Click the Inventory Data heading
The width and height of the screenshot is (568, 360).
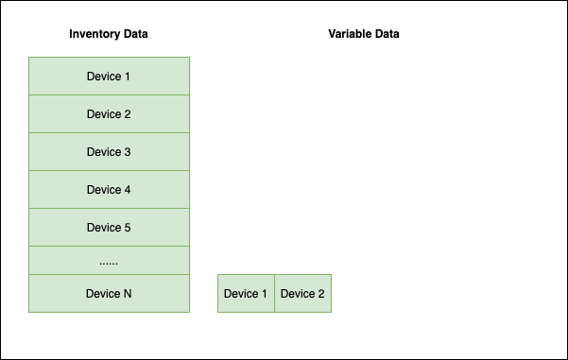pyautogui.click(x=109, y=34)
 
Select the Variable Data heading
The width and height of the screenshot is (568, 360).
pyautogui.click(x=364, y=34)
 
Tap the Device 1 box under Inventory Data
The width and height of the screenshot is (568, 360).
pyautogui.click(x=109, y=77)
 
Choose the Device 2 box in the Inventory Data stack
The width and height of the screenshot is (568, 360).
pyautogui.click(x=109, y=114)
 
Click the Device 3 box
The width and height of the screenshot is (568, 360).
pyautogui.click(x=109, y=152)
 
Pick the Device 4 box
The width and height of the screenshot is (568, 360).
pyautogui.click(x=109, y=190)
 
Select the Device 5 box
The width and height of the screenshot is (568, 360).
pyautogui.click(x=109, y=228)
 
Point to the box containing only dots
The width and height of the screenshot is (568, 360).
pyautogui.click(x=109, y=260)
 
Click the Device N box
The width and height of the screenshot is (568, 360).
pyautogui.click(x=109, y=294)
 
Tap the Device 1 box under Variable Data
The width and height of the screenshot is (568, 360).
pyautogui.click(x=246, y=294)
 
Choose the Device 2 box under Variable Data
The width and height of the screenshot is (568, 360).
pyautogui.click(x=302, y=294)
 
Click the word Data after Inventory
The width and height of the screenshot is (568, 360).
pyautogui.click(x=134, y=34)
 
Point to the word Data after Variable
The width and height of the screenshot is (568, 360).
pyautogui.click(x=387, y=34)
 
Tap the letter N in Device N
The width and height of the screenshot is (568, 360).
pyautogui.click(x=128, y=294)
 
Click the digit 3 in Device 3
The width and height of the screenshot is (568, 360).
pyautogui.click(x=128, y=152)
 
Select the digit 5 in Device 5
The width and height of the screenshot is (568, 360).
pyautogui.click(x=128, y=228)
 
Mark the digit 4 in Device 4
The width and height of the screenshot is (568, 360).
pyautogui.click(x=128, y=190)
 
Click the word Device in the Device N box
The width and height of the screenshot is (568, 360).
pyautogui.click(x=103, y=294)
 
